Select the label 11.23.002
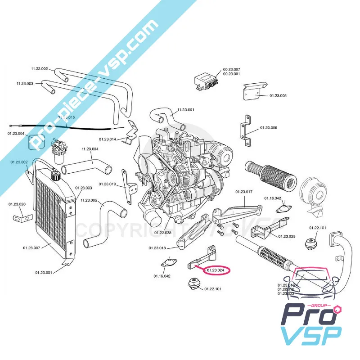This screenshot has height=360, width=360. pyautogui.click(x=39, y=68)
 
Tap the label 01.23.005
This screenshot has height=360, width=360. pyautogui.click(x=278, y=95)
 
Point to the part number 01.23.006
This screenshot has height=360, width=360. pyautogui.click(x=268, y=128)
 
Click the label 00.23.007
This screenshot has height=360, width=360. pyautogui.click(x=231, y=69)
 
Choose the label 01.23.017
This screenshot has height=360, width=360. pyautogui.click(x=244, y=192)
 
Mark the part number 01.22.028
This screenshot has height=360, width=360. pyautogui.click(x=162, y=233)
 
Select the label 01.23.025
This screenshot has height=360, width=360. pyautogui.click(x=287, y=236)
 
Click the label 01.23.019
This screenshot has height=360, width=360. pyautogui.click(x=107, y=184)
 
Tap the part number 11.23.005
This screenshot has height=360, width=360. pyautogui.click(x=89, y=200)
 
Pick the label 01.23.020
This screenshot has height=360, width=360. pyautogui.click(x=17, y=204)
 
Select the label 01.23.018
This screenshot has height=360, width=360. pyautogui.click(x=157, y=247)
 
